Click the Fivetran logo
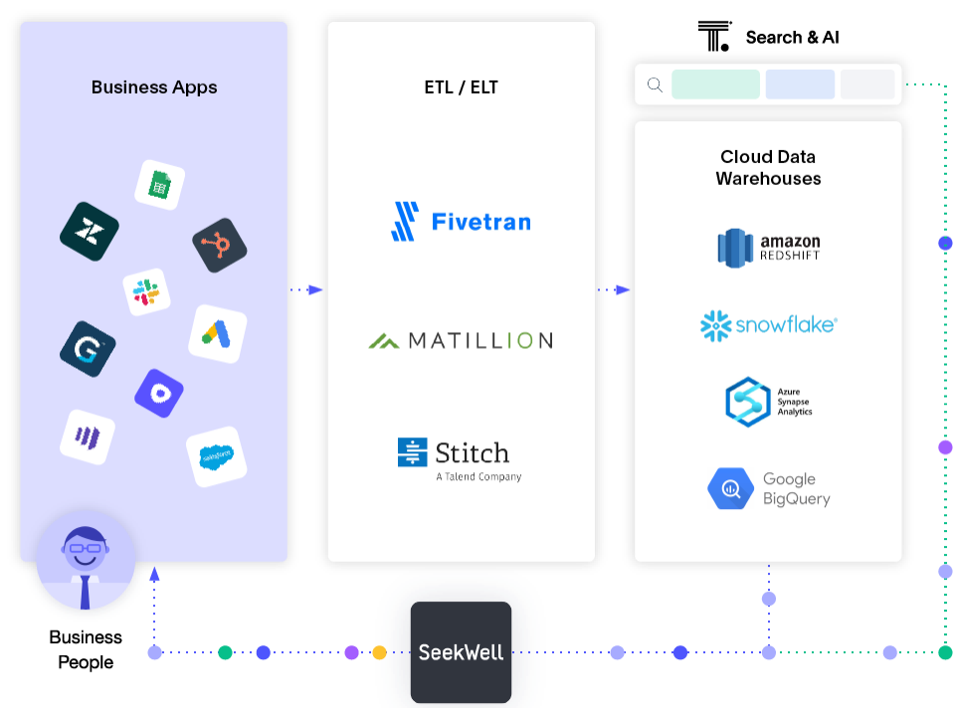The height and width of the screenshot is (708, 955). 461,222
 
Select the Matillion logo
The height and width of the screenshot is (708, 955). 461,341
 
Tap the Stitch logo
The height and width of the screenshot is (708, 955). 459,457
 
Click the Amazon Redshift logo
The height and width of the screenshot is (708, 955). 768,248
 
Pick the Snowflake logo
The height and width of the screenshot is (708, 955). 768,325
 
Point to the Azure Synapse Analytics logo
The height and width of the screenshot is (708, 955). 768,401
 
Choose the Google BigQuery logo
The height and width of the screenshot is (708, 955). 768,489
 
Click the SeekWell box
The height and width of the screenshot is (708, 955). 462,652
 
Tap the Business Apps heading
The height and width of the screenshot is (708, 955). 154,88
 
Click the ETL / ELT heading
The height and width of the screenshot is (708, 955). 461,88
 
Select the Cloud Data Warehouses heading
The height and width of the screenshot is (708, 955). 768,167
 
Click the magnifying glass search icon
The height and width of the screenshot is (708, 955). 655,85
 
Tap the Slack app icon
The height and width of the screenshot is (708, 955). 147,292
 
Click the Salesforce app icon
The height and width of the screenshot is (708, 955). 216,457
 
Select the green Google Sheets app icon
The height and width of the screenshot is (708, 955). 159,184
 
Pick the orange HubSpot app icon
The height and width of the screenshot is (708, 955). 219,245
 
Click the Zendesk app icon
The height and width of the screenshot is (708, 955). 89,232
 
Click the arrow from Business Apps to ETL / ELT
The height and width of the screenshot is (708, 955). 307,289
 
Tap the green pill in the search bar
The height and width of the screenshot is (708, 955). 715,85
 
